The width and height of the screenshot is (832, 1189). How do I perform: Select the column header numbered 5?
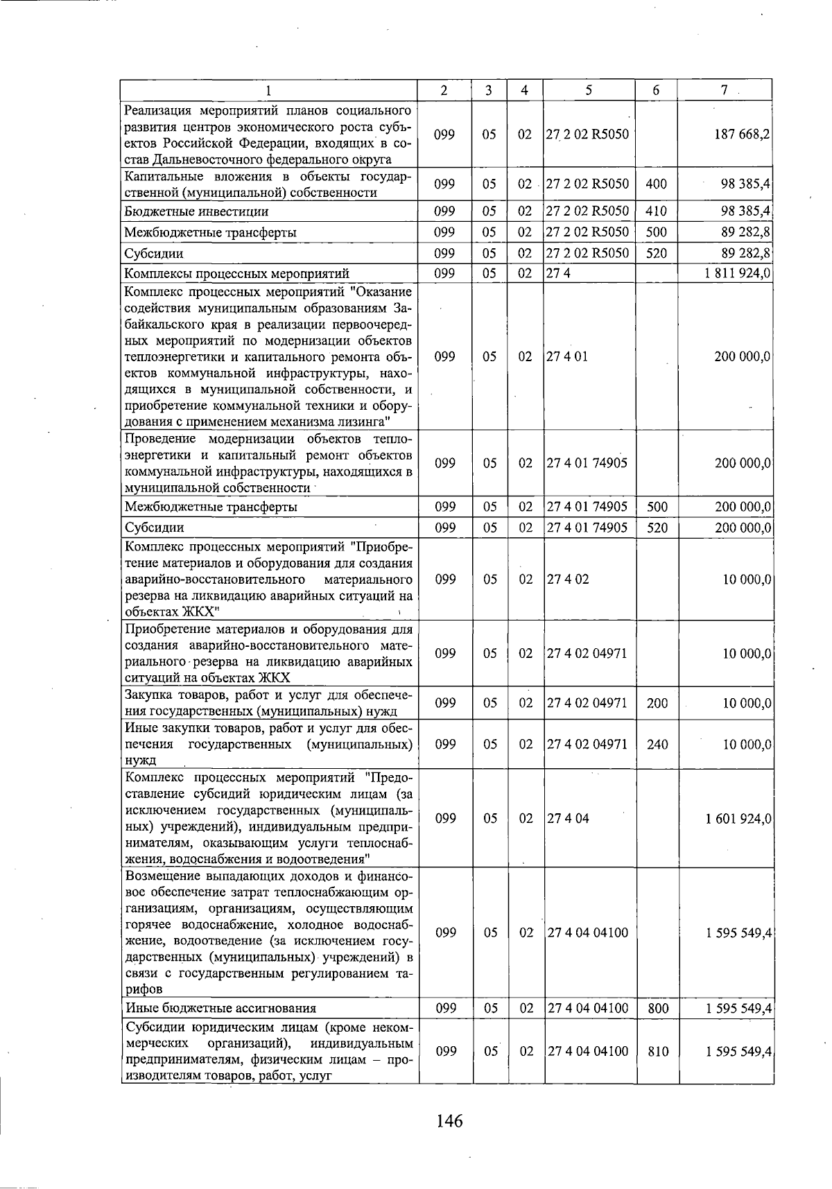click(588, 90)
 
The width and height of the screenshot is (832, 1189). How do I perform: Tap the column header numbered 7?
click(724, 90)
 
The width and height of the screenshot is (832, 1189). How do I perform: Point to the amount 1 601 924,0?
click(738, 818)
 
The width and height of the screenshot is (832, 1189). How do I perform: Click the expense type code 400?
click(656, 184)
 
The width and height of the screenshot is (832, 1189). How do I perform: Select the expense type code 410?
click(656, 211)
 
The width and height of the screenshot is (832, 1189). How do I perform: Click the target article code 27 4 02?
click(568, 579)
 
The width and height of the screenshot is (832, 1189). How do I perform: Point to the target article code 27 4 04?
click(568, 818)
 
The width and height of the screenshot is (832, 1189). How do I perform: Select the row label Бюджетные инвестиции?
click(196, 211)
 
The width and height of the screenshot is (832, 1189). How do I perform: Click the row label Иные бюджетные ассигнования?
click(220, 1008)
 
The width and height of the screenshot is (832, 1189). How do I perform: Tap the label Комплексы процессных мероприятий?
click(236, 273)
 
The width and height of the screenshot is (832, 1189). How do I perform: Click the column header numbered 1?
click(269, 90)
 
